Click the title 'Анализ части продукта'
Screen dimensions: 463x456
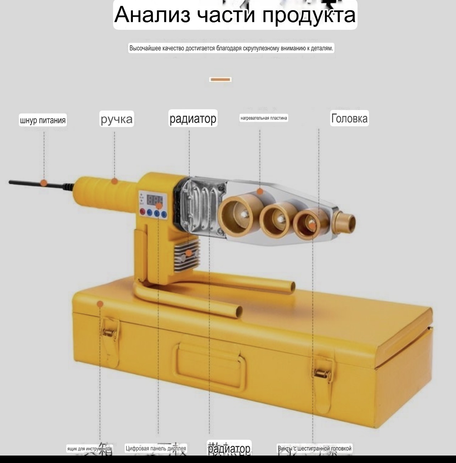(x=235, y=15)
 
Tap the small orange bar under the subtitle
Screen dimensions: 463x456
(x=220, y=79)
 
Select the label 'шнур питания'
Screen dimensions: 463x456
(x=43, y=120)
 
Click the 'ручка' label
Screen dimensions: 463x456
(x=116, y=119)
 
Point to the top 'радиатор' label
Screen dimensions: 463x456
(x=193, y=118)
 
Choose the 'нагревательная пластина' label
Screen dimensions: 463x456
(x=264, y=118)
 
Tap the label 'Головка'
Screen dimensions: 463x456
(x=349, y=118)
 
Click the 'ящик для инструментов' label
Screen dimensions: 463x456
(x=89, y=449)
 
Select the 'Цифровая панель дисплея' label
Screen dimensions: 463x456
(x=156, y=448)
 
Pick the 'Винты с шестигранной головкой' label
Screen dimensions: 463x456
(x=314, y=448)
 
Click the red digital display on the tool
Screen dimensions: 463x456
(x=155, y=200)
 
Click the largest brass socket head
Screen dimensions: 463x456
(x=235, y=214)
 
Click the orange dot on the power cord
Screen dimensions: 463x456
(x=44, y=183)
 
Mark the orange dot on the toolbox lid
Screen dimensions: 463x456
(x=100, y=304)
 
